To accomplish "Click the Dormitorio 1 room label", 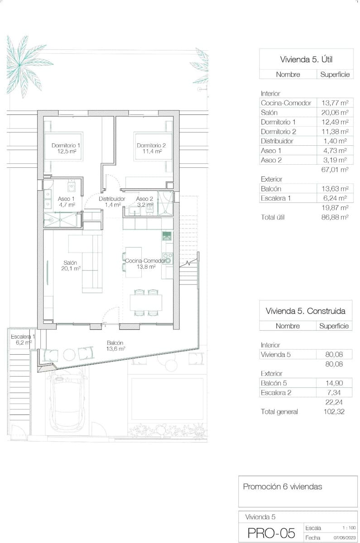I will pos(66,148).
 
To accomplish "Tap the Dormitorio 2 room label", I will pos(151,148).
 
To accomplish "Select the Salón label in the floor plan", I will pos(70,265).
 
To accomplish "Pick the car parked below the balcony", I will pos(68,398).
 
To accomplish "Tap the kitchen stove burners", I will pos(168,258).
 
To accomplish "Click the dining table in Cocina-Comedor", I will pos(146,302).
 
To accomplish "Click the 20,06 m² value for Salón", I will pos(334,113).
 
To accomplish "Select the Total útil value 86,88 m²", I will pos(334,217).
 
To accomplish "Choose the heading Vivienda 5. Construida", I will pos(305,311).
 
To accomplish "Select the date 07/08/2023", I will pos(345,538).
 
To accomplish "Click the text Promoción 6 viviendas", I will pos(283,487).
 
